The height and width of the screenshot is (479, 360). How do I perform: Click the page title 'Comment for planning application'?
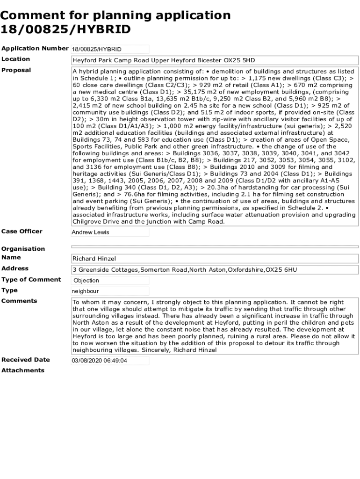tap(115, 15)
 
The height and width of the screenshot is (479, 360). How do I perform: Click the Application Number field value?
tap(96, 49)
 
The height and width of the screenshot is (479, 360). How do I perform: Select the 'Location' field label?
tap(16, 59)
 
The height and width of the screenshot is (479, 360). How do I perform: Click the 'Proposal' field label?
tap(16, 70)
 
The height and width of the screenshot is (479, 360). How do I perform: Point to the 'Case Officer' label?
tap(22, 231)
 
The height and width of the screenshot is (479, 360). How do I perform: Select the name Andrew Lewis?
tap(90, 232)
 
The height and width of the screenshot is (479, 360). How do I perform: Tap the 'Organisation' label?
tap(23, 248)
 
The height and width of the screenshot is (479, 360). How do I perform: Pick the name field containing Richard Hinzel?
tap(94, 259)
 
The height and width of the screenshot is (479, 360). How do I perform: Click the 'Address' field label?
tap(15, 268)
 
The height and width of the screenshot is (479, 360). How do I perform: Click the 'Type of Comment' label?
tap(31, 279)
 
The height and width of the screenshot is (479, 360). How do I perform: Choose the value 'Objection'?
tap(86, 281)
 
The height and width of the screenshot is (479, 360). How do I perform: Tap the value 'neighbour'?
tap(86, 291)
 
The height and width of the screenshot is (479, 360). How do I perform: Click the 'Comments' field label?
tap(19, 301)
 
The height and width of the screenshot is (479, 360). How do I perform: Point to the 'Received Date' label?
tap(26, 360)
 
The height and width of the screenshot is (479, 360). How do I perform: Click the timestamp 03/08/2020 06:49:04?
tap(100, 361)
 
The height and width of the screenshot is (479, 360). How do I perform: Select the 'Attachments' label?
tap(23, 370)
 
